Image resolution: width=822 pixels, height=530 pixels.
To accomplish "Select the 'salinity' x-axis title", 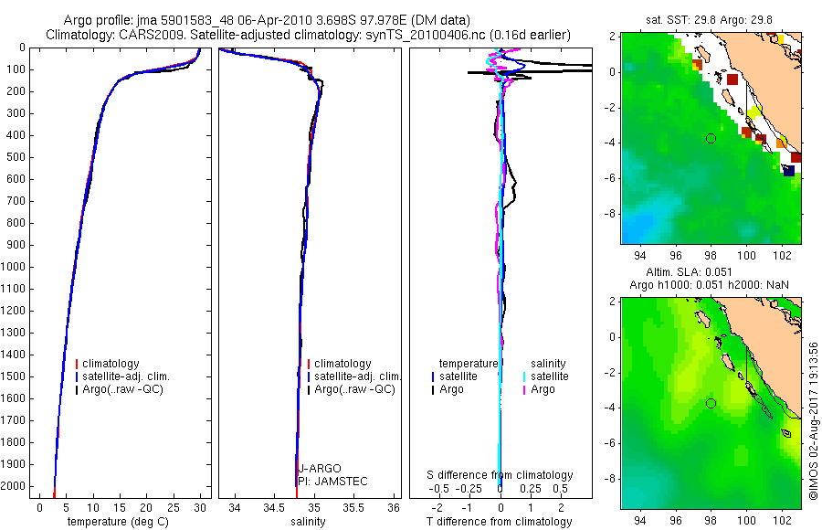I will coord(307,522).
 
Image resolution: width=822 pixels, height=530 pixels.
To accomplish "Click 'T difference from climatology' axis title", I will coord(501,522).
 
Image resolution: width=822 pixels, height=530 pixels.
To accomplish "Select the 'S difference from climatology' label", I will coord(501,475).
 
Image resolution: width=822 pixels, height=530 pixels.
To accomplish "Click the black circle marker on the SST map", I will coord(711,138).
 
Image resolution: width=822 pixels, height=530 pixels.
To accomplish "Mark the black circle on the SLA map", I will coord(711,403).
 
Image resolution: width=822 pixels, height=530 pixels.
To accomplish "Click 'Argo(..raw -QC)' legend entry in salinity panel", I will coord(354,389).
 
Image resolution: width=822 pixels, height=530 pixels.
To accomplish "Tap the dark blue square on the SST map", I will coord(788,170).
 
